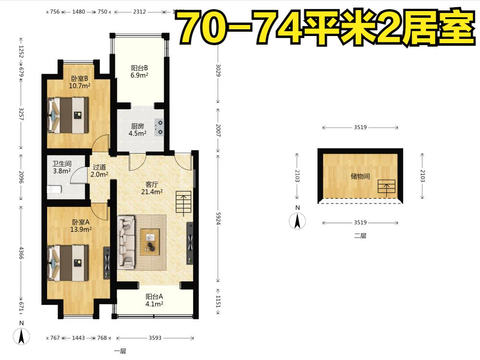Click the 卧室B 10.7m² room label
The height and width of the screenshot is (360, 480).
coord(80,82)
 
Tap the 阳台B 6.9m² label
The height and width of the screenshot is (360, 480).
coord(140,72)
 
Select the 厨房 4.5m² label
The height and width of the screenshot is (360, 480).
coord(137,130)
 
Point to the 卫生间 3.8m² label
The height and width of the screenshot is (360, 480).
coord(62,168)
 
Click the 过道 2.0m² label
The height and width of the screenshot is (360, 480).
coord(99,171)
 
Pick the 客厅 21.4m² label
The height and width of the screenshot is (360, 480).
coord(152,188)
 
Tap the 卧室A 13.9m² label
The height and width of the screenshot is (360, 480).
coord(81,226)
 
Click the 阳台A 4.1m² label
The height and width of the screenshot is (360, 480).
coord(154,300)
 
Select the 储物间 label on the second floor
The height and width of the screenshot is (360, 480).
coord(360,176)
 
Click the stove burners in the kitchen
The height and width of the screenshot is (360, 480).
coord(159,128)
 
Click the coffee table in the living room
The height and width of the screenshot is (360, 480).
coord(150,242)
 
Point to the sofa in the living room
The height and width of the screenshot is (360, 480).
coord(126,243)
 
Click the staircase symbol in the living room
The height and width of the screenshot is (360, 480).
coord(184,202)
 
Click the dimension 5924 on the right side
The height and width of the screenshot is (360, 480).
coord(218,218)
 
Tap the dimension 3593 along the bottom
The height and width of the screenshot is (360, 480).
coord(155,338)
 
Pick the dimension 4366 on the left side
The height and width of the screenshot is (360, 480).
coord(21,252)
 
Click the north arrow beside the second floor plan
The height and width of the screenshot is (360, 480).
coord(297,221)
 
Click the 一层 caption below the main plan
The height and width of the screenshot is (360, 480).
coord(120,351)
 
